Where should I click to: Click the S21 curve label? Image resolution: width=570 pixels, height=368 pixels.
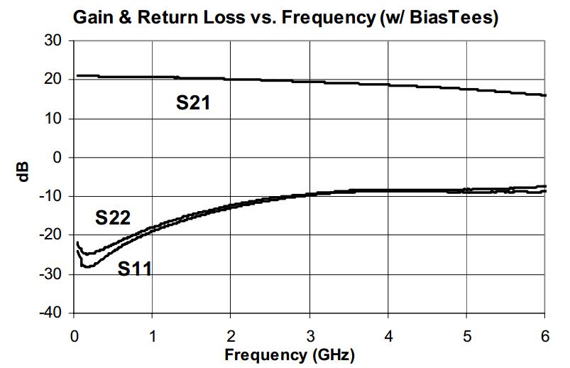[193, 102]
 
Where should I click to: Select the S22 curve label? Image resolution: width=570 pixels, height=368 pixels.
[113, 217]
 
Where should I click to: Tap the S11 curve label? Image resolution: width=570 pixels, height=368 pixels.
[134, 269]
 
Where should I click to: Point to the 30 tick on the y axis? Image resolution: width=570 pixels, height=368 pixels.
[53, 40]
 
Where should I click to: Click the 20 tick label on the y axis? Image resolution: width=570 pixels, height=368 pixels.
[53, 80]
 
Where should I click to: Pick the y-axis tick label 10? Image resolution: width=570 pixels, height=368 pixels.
[53, 119]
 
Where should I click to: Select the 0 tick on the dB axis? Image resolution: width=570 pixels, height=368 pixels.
[57, 158]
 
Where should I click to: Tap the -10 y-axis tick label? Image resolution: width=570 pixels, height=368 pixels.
[51, 196]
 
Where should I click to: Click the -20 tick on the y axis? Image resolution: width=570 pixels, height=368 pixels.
[51, 235]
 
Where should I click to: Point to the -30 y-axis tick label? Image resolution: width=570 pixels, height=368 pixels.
[51, 274]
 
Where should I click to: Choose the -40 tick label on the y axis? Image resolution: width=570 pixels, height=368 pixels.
[51, 313]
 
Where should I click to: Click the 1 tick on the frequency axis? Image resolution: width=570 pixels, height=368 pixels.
[153, 336]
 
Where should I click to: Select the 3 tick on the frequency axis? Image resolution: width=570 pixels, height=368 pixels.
[309, 336]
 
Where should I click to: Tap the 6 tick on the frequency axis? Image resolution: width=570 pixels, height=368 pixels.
[544, 336]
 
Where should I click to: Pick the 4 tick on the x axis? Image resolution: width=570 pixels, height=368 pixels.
[388, 336]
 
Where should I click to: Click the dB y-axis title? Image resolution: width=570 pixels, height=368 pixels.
[23, 172]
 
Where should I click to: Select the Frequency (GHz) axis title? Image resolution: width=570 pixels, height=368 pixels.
[290, 355]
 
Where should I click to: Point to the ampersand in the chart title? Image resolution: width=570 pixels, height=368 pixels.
[125, 18]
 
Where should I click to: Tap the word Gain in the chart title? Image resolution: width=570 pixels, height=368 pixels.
[93, 18]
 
